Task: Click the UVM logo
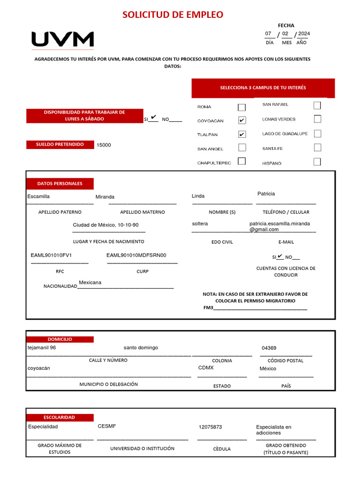[x=62, y=40]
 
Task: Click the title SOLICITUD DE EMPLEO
[x=172, y=15]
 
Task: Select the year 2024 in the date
[x=304, y=34]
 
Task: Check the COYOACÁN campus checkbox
[x=242, y=120]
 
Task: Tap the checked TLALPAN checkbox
[x=242, y=134]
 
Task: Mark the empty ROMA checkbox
[x=242, y=107]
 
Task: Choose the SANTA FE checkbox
[x=317, y=148]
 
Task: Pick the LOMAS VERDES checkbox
[x=317, y=119]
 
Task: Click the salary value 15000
[x=104, y=145]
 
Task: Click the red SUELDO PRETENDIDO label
[x=60, y=144]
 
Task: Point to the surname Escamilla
[x=38, y=196]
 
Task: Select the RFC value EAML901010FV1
[x=51, y=255]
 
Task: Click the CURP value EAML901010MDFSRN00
[x=136, y=255]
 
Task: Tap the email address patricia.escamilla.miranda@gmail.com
[x=279, y=226]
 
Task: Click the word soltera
[x=200, y=224]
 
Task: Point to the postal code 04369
[x=269, y=348]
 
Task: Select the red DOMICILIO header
[x=60, y=339]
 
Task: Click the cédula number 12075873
[x=210, y=427]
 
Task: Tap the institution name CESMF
[x=107, y=426]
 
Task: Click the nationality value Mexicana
[x=90, y=282]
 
